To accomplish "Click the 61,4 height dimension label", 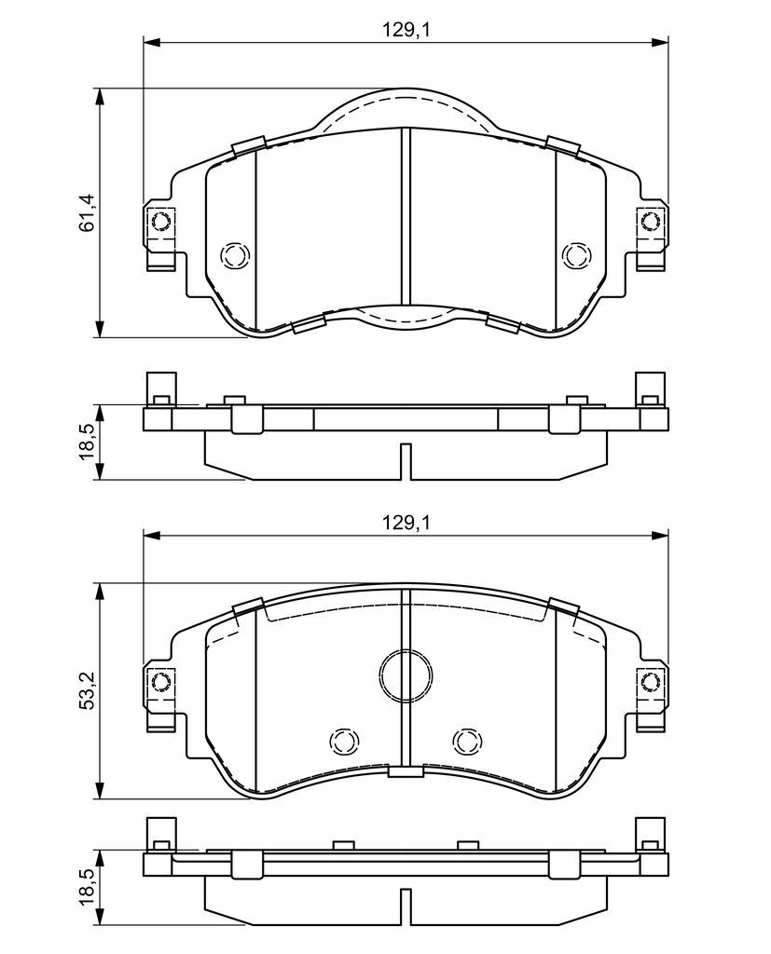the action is click(x=88, y=212).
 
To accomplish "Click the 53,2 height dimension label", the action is click(x=88, y=690).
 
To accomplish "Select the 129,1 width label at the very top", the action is click(x=406, y=29).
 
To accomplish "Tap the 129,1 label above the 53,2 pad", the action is click(x=406, y=522).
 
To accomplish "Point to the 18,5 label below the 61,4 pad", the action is click(x=88, y=442).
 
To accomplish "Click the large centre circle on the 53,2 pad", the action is click(x=406, y=675).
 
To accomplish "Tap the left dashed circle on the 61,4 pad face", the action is click(x=235, y=255).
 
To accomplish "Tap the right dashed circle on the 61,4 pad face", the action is click(x=576, y=255).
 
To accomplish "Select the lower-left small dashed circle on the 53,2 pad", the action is click(x=344, y=741).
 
